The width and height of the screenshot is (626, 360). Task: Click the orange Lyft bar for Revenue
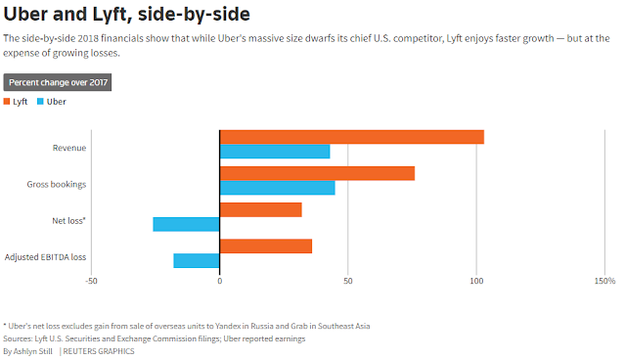[352, 137]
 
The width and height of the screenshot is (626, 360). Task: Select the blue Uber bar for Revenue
[275, 152]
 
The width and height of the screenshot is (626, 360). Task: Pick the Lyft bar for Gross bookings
[317, 173]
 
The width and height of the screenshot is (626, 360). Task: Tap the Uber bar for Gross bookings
[278, 188]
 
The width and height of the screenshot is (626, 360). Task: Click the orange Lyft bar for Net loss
[261, 210]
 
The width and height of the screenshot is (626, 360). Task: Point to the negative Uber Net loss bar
[186, 224]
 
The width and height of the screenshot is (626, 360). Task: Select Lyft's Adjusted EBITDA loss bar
[266, 247]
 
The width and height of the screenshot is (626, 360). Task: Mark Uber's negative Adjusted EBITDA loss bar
[197, 260]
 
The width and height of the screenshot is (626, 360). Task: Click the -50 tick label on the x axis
[91, 281]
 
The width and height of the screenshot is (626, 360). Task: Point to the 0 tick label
[219, 281]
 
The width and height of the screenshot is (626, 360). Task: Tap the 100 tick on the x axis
[476, 281]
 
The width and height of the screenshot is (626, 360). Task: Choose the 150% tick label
[604, 281]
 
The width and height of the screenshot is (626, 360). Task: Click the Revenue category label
[69, 148]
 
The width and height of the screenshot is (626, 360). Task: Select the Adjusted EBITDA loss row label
[46, 257]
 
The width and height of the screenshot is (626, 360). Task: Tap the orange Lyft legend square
[7, 102]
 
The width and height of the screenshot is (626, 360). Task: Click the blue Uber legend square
[40, 102]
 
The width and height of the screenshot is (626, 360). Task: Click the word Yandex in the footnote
[228, 326]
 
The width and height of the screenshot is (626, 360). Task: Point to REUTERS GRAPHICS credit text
[99, 351]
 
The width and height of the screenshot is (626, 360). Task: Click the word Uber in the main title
[25, 14]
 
